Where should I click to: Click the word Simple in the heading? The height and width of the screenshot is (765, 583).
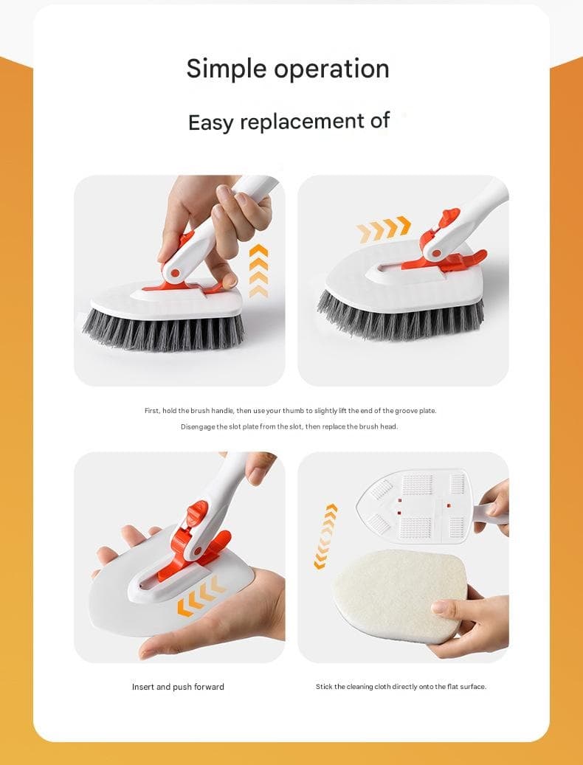pyautogui.click(x=226, y=69)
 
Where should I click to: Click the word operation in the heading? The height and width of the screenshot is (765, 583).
pyautogui.click(x=331, y=69)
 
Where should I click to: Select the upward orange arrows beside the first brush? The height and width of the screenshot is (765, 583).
pyautogui.click(x=258, y=271)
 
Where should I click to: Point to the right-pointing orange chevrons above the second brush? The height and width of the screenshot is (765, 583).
pyautogui.click(x=384, y=229)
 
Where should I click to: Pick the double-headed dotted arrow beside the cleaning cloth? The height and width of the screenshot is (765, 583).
pyautogui.click(x=325, y=536)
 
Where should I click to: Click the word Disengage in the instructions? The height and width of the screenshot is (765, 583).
pyautogui.click(x=198, y=427)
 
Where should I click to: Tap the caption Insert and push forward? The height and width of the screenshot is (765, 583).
pyautogui.click(x=178, y=687)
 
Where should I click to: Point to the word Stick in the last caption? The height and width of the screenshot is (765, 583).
pyautogui.click(x=324, y=687)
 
